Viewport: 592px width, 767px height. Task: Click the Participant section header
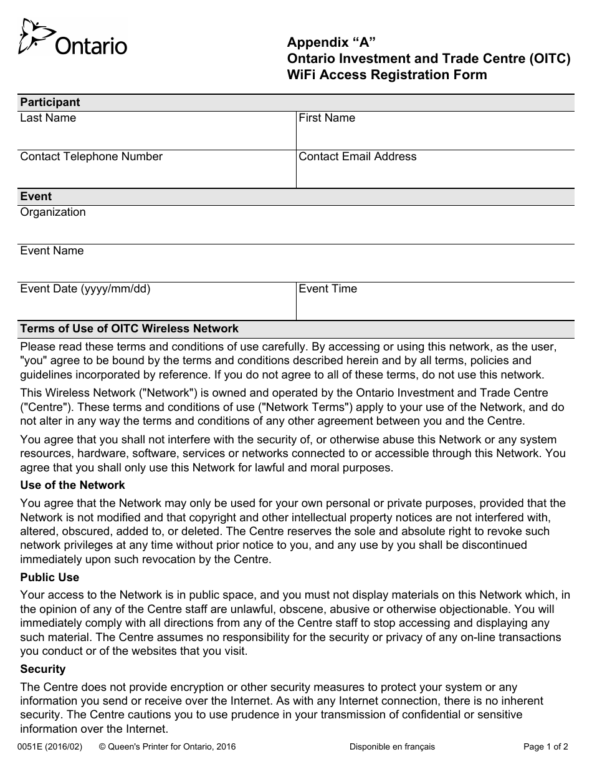click(x=50, y=103)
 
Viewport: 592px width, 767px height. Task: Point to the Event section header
click(x=36, y=197)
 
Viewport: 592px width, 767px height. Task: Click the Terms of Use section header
click(x=130, y=329)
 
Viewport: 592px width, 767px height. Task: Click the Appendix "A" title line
click(x=332, y=42)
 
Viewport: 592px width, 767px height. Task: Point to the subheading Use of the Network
click(x=72, y=485)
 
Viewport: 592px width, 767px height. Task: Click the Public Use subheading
click(x=50, y=577)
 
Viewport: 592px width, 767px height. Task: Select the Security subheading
click(x=43, y=669)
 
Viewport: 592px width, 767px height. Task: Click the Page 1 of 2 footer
click(x=545, y=747)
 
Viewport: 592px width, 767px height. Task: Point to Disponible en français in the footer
click(x=392, y=747)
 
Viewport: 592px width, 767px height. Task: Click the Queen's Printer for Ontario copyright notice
click(x=167, y=747)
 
